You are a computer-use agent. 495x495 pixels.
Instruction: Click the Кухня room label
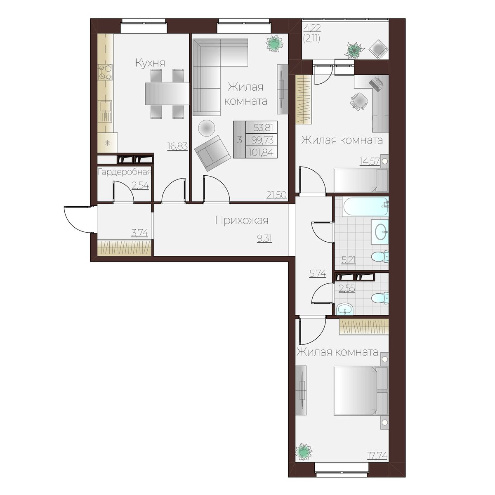click(x=150, y=63)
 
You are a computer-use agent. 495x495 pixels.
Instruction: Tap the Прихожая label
click(x=242, y=220)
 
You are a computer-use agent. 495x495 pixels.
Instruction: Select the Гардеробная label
click(x=124, y=172)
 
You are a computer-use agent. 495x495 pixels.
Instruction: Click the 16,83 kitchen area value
click(x=177, y=146)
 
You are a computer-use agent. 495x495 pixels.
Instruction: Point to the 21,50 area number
click(x=276, y=195)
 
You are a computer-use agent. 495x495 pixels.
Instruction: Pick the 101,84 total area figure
click(x=261, y=153)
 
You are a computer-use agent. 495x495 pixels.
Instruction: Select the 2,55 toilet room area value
click(x=347, y=288)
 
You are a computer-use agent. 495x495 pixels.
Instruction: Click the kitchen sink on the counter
click(x=105, y=111)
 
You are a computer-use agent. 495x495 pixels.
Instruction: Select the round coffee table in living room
click(x=207, y=128)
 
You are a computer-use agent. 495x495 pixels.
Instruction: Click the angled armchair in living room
click(x=213, y=153)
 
